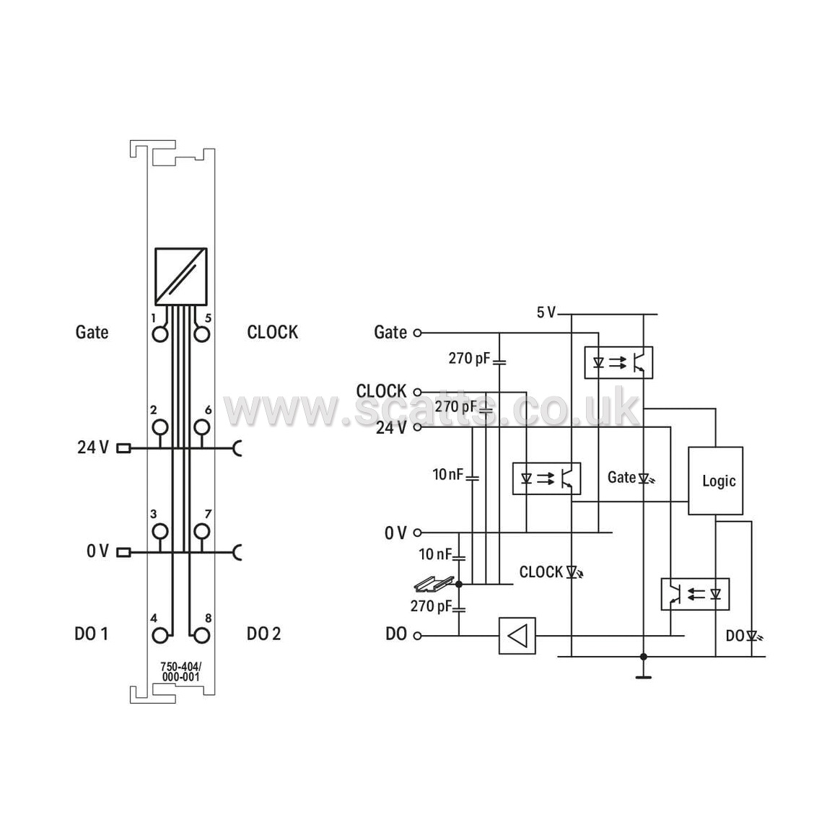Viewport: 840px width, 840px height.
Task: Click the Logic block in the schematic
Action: pyautogui.click(x=715, y=481)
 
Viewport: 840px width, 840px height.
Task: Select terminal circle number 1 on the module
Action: pyautogui.click(x=160, y=334)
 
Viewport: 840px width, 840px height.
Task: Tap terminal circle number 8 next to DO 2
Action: pyautogui.click(x=201, y=635)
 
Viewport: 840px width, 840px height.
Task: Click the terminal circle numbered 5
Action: pyautogui.click(x=201, y=334)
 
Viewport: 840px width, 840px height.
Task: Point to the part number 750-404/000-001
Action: pyautogui.click(x=180, y=672)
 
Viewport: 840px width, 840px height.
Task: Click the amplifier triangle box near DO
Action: pyautogui.click(x=517, y=636)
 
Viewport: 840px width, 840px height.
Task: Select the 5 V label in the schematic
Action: pyautogui.click(x=546, y=312)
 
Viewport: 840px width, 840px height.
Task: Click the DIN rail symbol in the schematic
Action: pyautogui.click(x=434, y=583)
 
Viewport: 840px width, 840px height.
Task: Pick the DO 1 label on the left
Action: pyautogui.click(x=91, y=634)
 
